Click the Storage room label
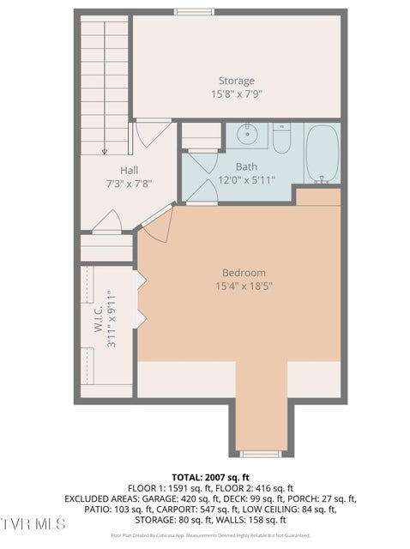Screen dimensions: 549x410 [x=236, y=81]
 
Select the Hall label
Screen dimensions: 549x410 [x=129, y=170]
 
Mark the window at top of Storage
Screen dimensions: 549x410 [x=194, y=12]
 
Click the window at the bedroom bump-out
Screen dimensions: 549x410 [x=260, y=453]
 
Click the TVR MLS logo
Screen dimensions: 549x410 [x=33, y=522]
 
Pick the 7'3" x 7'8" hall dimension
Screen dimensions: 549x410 [x=129, y=183]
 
